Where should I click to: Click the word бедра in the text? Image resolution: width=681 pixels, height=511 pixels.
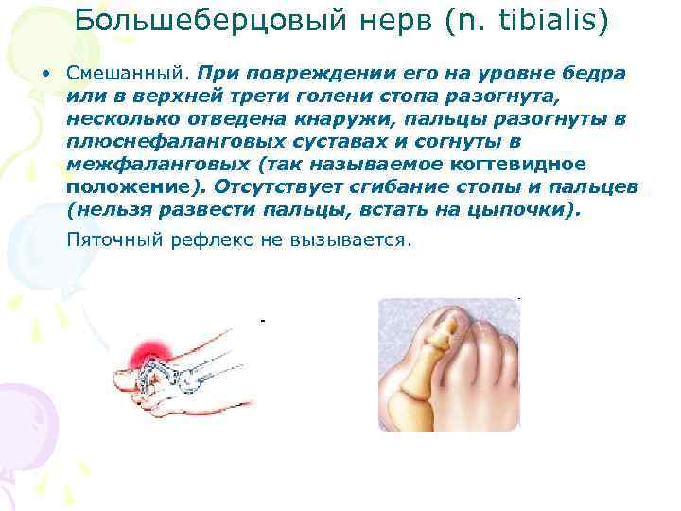tap(590, 74)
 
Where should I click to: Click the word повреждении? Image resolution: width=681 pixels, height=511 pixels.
tap(308, 74)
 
